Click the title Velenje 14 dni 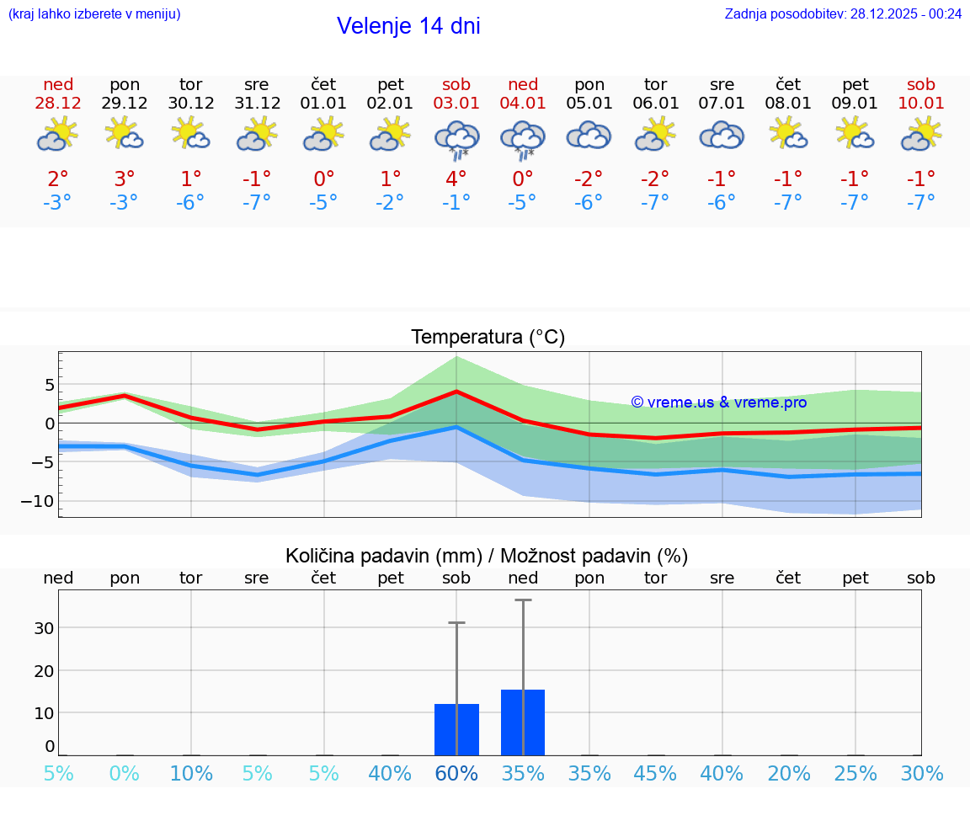click(x=408, y=26)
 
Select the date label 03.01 click(x=456, y=104)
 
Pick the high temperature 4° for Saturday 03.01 click(x=456, y=179)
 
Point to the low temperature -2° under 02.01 click(x=390, y=202)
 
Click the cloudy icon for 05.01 click(x=589, y=136)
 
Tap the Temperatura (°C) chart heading click(x=488, y=338)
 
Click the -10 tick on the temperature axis click(x=39, y=501)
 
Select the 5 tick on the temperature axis click(x=50, y=385)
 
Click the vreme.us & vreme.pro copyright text click(x=719, y=403)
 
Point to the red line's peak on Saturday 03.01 click(x=456, y=392)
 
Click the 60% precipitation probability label click(x=456, y=774)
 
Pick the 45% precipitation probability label click(x=655, y=774)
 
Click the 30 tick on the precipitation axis click(x=45, y=628)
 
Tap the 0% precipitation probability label click(x=125, y=774)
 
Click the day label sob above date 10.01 click(x=920, y=85)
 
